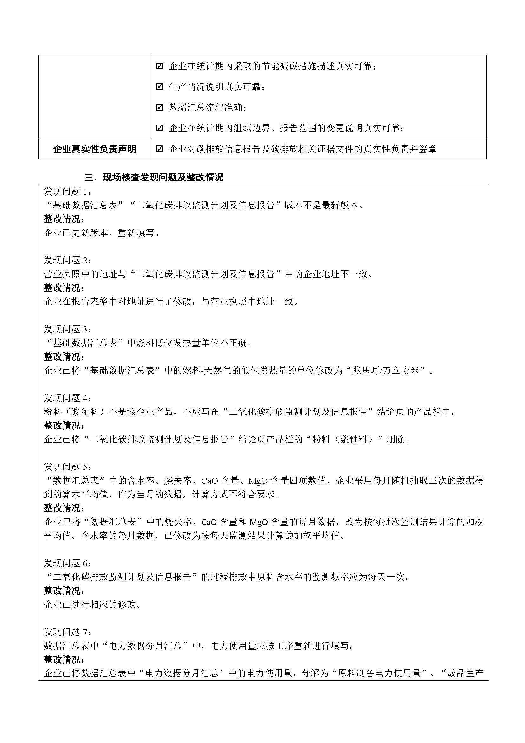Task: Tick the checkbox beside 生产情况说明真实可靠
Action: pyautogui.click(x=159, y=87)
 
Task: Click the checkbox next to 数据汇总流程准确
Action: pyautogui.click(x=159, y=107)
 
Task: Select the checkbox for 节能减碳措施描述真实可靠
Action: pyautogui.click(x=159, y=66)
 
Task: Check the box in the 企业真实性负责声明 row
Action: pyautogui.click(x=159, y=149)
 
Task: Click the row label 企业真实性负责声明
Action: pyautogui.click(x=94, y=149)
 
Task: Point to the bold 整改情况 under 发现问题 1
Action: pyautogui.click(x=64, y=219)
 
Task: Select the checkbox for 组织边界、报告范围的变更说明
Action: pyautogui.click(x=159, y=128)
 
